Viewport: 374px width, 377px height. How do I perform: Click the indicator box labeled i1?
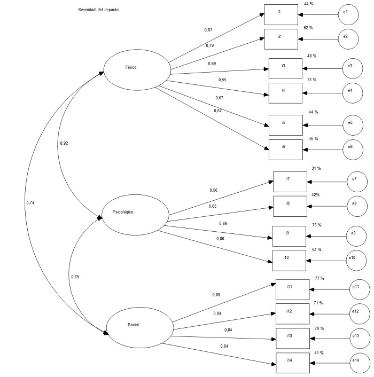(x=281, y=14)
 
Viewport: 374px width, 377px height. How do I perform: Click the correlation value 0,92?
(x=64, y=143)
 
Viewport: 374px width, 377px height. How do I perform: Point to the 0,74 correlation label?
(x=31, y=202)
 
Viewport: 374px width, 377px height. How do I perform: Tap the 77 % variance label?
(x=320, y=278)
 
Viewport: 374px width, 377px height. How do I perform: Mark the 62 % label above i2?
(x=308, y=27)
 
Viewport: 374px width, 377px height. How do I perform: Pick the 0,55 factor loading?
(x=222, y=80)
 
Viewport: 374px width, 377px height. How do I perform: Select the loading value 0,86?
(x=223, y=223)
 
